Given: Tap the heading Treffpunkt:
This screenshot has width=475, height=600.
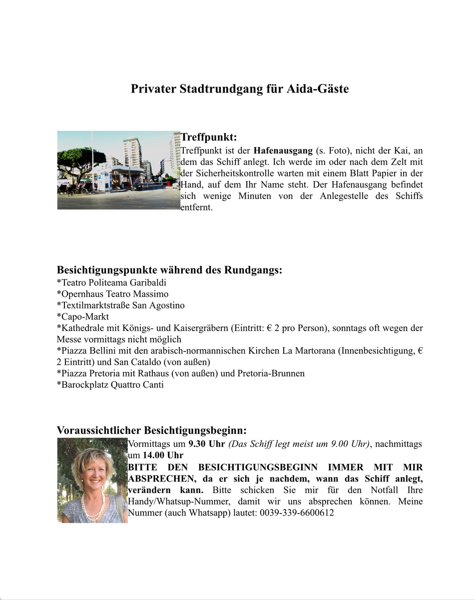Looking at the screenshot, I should pos(208,137).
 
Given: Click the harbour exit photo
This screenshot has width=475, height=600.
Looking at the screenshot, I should pos(118,170).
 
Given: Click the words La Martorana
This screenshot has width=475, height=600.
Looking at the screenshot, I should pos(308,350).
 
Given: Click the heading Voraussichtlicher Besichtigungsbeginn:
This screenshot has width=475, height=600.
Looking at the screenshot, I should pos(152,430).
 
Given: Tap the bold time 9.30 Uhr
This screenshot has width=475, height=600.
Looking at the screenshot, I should pos(207,444).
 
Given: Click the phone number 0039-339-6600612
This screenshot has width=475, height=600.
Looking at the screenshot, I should pos(297,513).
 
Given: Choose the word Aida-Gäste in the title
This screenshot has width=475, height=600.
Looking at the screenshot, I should pos(318,89).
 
